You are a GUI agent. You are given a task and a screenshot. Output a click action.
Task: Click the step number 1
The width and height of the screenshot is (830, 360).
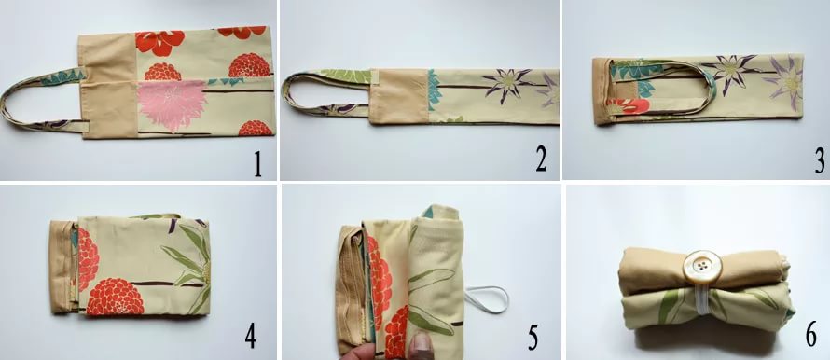(x=257, y=164)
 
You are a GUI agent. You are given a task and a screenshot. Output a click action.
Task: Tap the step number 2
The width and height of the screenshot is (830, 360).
(x=541, y=159)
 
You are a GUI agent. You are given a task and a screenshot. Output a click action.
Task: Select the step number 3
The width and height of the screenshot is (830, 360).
(x=820, y=161)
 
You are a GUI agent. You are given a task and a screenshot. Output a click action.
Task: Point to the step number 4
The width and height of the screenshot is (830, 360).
(x=250, y=336)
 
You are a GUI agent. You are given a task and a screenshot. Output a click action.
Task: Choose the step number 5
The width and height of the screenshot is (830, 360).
(x=533, y=338)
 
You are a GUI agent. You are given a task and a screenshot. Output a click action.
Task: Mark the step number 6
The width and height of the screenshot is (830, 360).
(x=811, y=335)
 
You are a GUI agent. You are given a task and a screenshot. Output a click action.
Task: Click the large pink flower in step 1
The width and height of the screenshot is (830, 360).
(x=171, y=105)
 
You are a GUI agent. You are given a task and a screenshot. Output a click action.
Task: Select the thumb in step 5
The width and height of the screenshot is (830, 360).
(x=421, y=345)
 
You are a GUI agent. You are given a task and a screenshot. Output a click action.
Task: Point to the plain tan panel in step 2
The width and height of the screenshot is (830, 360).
(x=398, y=96)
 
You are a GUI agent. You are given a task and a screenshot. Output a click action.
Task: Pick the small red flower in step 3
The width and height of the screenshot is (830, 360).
(x=629, y=106)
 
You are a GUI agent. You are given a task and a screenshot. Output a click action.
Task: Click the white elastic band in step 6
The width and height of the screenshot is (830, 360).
(x=699, y=302)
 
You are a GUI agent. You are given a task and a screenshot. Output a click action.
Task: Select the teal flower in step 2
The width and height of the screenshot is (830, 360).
(x=434, y=88)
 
